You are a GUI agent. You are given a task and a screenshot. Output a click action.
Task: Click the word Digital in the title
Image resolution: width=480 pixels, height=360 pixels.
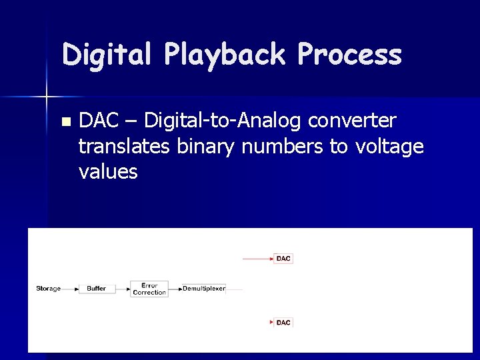tap(106, 55)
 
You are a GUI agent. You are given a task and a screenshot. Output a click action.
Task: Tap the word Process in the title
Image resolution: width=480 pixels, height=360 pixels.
tap(350, 55)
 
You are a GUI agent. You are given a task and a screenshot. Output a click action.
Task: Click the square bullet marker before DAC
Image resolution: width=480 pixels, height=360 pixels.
tap(65, 122)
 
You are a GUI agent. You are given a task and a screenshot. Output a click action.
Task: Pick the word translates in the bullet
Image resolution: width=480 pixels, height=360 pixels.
tap(124, 146)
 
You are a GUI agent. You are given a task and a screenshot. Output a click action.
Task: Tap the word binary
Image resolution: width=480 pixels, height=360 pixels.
tap(206, 146)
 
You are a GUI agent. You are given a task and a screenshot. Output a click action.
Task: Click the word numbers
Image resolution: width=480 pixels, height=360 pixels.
tap(283, 146)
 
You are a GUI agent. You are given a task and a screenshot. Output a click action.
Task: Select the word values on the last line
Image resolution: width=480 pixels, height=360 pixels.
tap(108, 171)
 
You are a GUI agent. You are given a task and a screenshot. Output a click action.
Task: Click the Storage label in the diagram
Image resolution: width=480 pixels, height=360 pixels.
tap(48, 289)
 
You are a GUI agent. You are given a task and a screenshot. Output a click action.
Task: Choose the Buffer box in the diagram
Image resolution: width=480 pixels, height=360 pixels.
tap(97, 289)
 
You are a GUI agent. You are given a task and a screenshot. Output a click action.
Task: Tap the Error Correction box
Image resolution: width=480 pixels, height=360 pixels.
tap(149, 289)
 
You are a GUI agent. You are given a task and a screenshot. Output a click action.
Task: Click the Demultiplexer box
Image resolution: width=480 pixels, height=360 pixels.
tap(204, 289)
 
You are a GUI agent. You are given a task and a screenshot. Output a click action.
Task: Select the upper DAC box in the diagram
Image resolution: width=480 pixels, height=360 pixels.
tap(283, 258)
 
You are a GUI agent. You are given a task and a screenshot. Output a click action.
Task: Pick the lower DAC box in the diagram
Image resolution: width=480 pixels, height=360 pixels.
tap(283, 323)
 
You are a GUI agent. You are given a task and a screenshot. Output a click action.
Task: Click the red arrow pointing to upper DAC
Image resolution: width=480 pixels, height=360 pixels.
tap(257, 258)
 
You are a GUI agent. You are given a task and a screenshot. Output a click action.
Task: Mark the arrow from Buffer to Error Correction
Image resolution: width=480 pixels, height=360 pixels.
tap(123, 289)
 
